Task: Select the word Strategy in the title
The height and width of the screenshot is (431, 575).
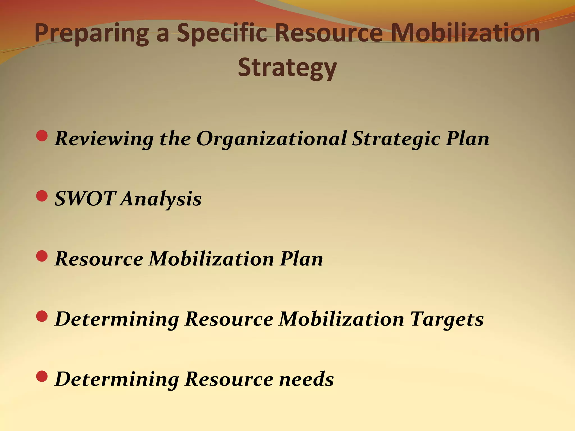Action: (287, 68)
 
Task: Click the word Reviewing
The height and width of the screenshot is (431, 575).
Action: (104, 139)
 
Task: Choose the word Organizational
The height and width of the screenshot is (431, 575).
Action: (271, 139)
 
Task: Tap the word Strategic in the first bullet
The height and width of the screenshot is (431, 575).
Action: (396, 139)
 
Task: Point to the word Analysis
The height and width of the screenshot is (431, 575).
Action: (161, 199)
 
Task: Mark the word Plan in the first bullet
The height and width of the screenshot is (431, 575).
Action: (467, 139)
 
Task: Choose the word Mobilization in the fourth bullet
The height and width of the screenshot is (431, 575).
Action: (341, 319)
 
